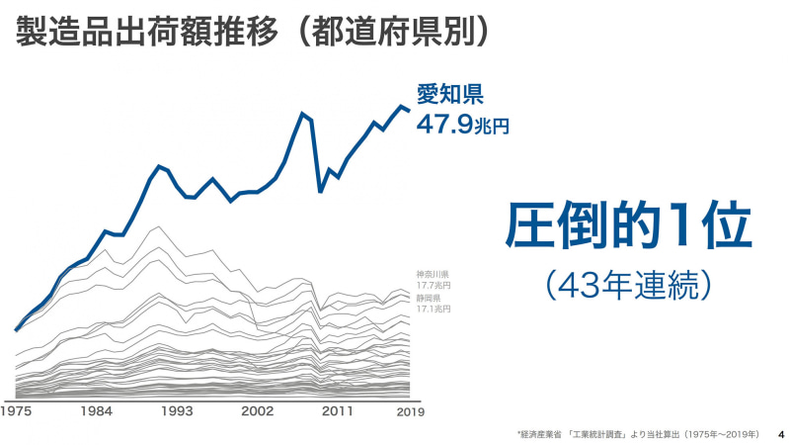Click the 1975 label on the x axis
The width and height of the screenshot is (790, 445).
(16, 410)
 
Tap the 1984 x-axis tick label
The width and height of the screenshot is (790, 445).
(96, 410)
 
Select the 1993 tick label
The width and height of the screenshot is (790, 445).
(177, 410)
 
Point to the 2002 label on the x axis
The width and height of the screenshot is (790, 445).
(258, 410)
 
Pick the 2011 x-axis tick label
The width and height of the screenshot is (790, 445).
(338, 410)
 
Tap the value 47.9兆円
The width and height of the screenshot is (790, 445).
(462, 126)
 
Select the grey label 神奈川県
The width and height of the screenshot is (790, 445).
(433, 274)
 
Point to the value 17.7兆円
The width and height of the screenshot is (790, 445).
(433, 286)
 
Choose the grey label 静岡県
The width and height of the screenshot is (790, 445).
(428, 298)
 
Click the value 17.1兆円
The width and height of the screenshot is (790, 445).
(433, 310)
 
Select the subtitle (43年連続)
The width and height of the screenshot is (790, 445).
(628, 285)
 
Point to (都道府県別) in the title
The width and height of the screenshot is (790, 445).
(395, 32)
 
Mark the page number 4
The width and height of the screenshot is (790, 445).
(780, 433)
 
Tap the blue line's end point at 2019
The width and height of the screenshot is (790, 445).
(410, 110)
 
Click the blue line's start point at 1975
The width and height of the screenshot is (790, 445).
(16, 330)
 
